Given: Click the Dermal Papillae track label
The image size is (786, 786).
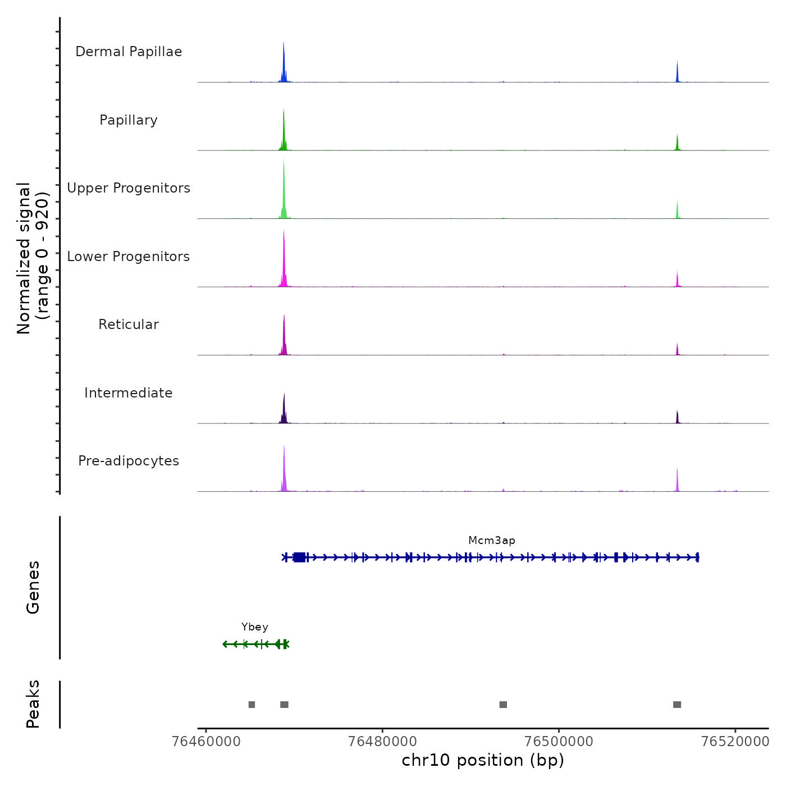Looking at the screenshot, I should point(129,52).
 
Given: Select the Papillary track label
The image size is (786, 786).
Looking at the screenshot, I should point(129,120).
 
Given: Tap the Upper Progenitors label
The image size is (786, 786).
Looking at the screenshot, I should point(129,188).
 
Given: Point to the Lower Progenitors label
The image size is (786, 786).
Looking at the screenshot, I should point(129,257).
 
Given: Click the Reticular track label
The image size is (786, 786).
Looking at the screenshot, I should point(129,325).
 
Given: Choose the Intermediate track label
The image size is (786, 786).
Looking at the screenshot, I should point(129,393).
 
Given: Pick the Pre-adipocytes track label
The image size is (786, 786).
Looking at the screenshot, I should point(129,461).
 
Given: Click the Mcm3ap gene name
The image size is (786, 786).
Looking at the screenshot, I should point(492,541).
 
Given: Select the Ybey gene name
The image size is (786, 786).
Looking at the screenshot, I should point(255,627).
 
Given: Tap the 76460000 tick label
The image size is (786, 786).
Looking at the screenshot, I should point(206,741).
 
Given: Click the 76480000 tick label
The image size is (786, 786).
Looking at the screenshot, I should point(382,741).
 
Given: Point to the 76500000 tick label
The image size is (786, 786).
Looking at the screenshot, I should point(559,741).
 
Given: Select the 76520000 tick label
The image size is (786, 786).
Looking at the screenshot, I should point(735,741).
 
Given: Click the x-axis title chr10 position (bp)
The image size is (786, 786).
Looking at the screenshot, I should point(483,760).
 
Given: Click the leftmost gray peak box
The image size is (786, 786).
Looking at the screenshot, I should point(252,705).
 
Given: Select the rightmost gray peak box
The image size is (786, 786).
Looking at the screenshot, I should point(677,705).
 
